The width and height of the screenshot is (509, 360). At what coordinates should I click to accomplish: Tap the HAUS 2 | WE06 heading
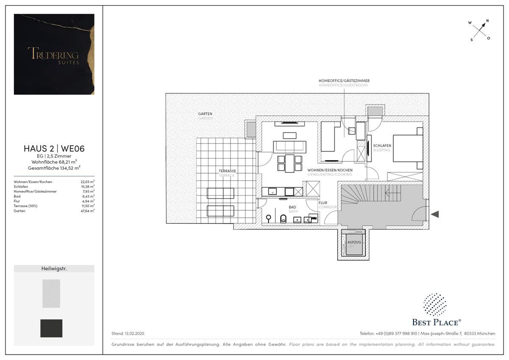click(54, 149)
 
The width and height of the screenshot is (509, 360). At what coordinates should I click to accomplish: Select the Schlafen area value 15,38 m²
click(87, 186)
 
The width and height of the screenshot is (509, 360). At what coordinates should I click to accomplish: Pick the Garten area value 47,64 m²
click(87, 211)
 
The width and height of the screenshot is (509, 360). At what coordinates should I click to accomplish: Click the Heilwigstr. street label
click(54, 268)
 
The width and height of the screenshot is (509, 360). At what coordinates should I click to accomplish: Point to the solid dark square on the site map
click(51, 328)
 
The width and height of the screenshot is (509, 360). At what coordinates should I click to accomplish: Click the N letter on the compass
click(487, 21)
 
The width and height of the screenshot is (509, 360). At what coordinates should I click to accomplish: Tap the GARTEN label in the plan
click(205, 114)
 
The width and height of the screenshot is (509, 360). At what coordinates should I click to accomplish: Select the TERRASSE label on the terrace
click(227, 171)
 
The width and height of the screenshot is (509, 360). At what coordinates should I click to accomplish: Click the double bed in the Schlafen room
click(408, 148)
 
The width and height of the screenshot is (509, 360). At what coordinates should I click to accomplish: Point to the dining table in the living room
click(290, 163)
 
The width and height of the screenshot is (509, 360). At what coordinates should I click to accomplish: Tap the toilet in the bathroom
click(283, 219)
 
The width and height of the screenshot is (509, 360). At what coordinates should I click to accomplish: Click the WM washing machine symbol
click(313, 218)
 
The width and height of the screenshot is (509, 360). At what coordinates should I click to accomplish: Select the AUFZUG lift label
click(354, 242)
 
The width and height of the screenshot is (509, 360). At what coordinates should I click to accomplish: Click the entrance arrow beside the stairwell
click(435, 214)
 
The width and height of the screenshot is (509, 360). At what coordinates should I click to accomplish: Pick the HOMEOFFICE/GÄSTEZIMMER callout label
click(344, 81)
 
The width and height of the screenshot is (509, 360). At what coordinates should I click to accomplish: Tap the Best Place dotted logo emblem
click(435, 304)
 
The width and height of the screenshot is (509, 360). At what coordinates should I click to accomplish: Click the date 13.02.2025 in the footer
click(134, 333)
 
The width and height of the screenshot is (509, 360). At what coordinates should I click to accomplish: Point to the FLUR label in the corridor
click(323, 203)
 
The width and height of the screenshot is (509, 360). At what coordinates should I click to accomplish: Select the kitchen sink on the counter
click(272, 191)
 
